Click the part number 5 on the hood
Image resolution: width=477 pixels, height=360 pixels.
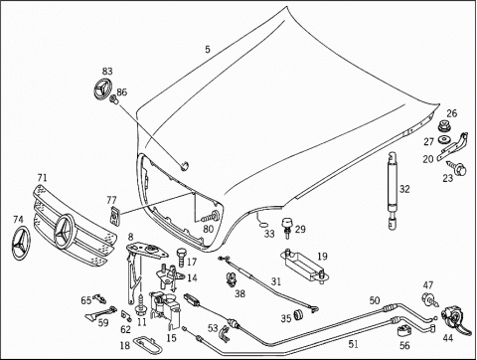208,50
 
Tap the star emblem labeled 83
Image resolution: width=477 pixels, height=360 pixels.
102,89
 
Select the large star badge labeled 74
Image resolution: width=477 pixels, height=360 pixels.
21,244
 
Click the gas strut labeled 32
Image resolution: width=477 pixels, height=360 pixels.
393,190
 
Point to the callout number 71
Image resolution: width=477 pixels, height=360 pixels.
42,178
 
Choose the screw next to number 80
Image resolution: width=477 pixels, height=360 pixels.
211,217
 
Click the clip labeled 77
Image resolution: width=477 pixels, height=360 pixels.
114,215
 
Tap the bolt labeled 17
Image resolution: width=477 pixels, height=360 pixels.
182,257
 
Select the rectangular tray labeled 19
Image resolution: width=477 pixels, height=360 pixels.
304,265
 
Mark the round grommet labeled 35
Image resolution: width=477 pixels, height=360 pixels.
299,315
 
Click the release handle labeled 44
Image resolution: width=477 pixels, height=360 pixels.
454,318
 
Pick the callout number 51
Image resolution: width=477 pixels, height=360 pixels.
353,344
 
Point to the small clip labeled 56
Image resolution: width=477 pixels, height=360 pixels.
403,330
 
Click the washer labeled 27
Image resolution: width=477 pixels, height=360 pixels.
443,139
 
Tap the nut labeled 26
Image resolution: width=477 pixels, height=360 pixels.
443,126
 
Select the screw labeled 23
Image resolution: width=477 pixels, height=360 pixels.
457,168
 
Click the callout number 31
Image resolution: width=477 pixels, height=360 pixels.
276,281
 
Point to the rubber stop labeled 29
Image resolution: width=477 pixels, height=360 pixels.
287,228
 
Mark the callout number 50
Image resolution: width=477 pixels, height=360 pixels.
375,300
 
